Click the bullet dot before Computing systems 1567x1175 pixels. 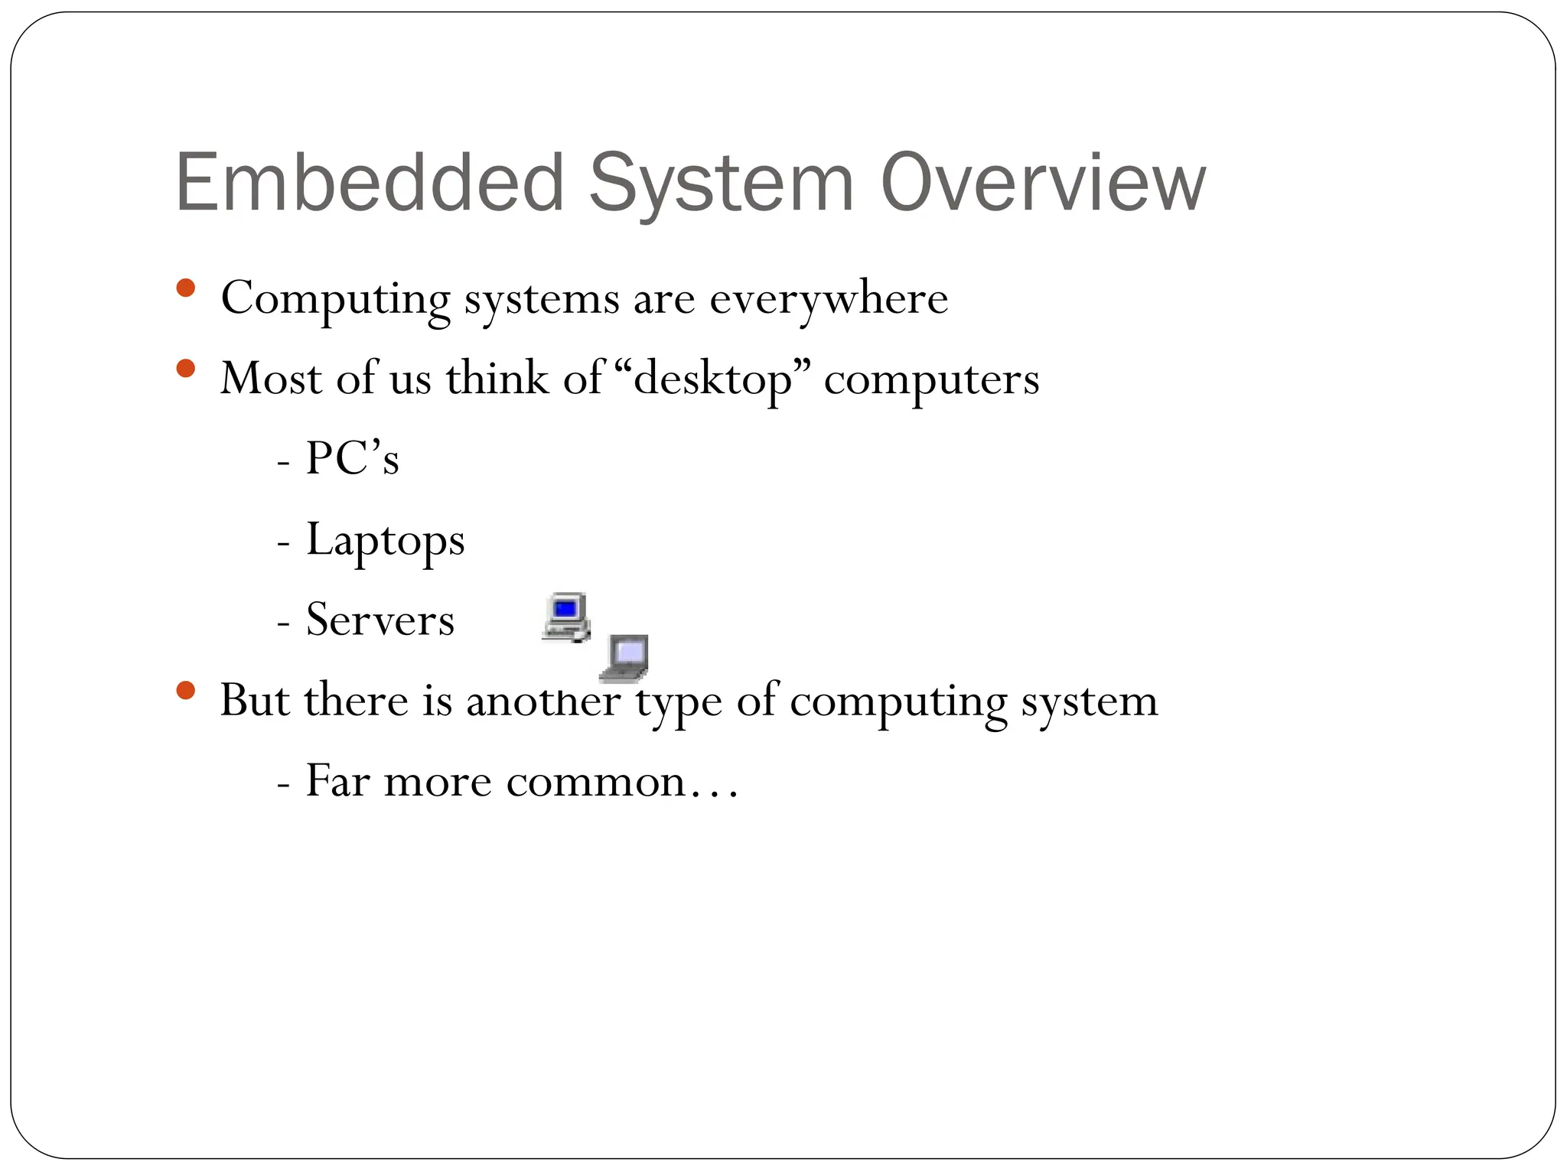click(185, 288)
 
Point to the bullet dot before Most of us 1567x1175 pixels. click(185, 369)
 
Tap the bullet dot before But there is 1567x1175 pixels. click(185, 692)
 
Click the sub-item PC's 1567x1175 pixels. click(352, 459)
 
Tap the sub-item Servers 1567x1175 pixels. click(380, 620)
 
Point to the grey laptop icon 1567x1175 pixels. click(625, 658)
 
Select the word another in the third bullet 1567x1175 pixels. click(542, 701)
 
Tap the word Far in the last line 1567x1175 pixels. click(337, 782)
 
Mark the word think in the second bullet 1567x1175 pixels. click(497, 379)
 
